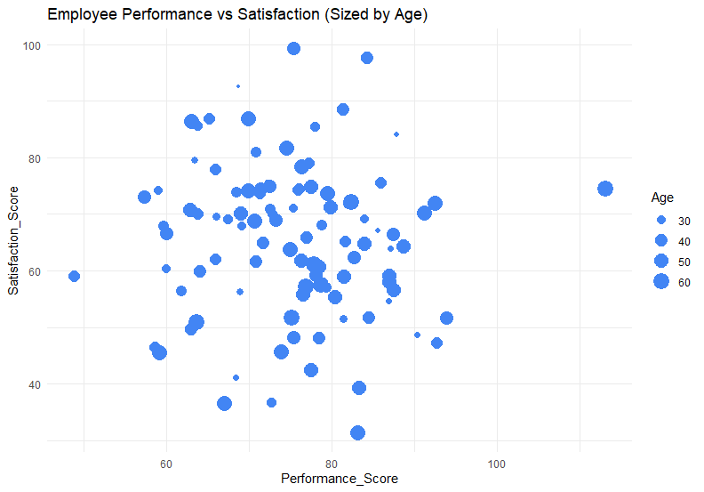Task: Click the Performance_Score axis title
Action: [x=339, y=479]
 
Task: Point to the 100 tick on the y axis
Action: [x=33, y=45]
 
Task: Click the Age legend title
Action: [x=662, y=197]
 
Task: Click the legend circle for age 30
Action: [x=660, y=220]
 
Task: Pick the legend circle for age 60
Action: [x=660, y=281]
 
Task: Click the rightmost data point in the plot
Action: [x=605, y=189]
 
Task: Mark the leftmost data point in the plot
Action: [x=74, y=276]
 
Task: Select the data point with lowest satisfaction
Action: [x=357, y=432]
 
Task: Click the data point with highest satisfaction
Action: [x=293, y=48]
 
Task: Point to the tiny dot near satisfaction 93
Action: [x=238, y=86]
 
